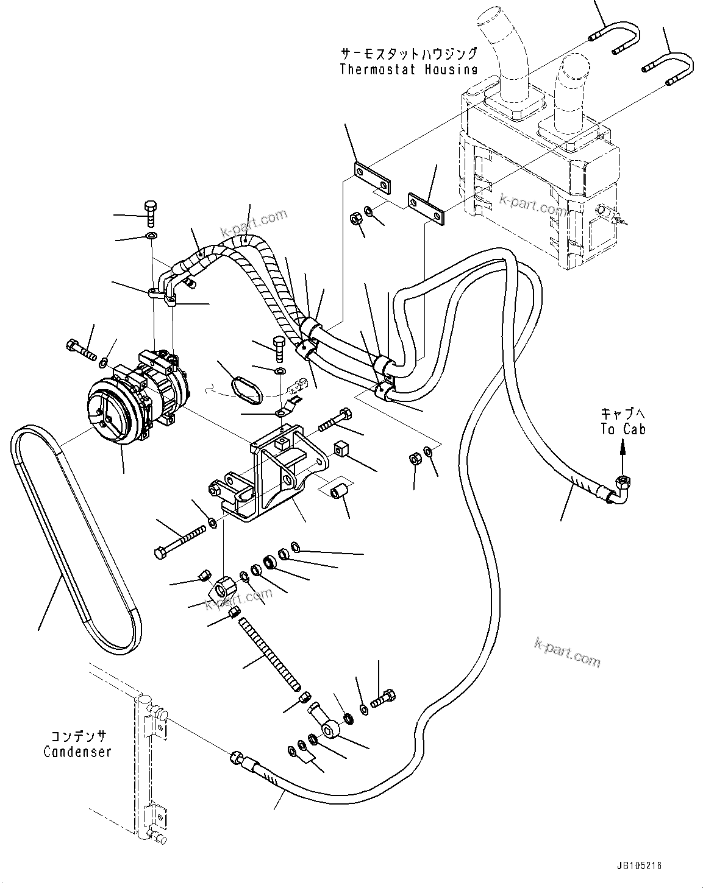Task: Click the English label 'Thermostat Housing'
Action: click(x=408, y=69)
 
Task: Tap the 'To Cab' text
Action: click(x=623, y=429)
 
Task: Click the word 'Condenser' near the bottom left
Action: click(x=77, y=752)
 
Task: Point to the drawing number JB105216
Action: click(x=638, y=865)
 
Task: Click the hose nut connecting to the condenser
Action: click(x=237, y=759)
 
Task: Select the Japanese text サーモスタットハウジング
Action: click(x=408, y=53)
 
